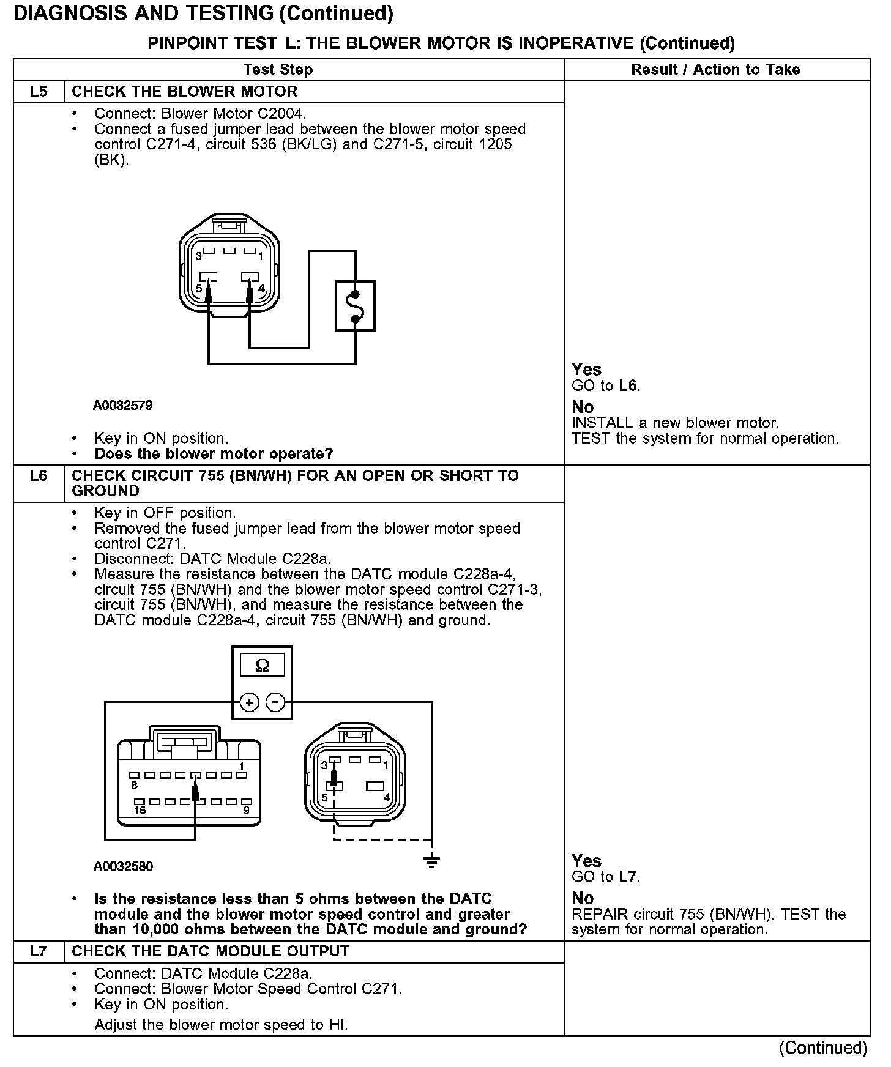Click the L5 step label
point(38,92)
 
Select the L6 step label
point(38,475)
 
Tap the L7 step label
point(38,951)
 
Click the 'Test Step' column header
point(278,70)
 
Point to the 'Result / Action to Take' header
point(715,70)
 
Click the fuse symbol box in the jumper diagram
point(355,306)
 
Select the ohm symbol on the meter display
point(262,666)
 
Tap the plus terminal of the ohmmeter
point(249,702)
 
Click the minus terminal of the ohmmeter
point(276,702)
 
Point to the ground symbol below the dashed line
point(431,861)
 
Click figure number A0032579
point(123,406)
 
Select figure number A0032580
point(123,866)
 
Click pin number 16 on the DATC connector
point(140,811)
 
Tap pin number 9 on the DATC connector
point(246,811)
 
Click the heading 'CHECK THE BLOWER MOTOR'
point(184,92)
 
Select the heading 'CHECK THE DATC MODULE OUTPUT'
point(211,951)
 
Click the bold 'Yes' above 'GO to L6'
point(586,370)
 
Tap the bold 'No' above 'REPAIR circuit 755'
point(583,898)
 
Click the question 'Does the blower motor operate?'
point(214,454)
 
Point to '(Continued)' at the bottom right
point(822,1048)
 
